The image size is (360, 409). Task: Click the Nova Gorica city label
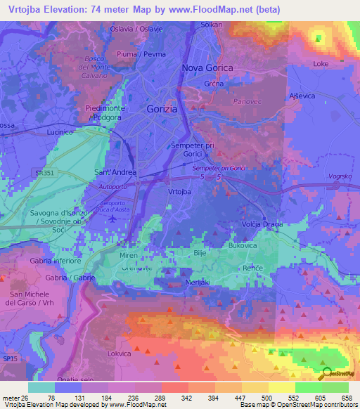[x=209, y=67]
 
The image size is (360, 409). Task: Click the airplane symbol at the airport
[x=112, y=219]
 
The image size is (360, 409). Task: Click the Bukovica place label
[x=245, y=246]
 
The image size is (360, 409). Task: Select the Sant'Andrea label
[x=115, y=171]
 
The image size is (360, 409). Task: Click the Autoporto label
[x=112, y=188]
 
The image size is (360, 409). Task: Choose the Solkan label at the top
[x=212, y=25]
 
